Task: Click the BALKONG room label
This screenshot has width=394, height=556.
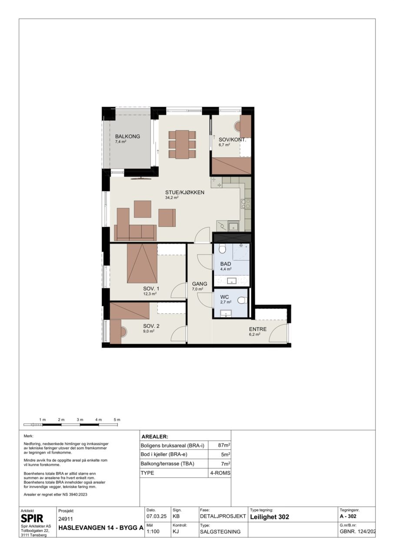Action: point(127,136)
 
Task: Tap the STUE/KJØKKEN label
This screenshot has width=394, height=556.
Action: point(184,192)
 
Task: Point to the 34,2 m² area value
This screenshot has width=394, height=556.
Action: point(172,198)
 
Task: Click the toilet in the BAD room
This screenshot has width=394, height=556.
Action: point(222,249)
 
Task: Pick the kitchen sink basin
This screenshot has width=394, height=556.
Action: point(233,226)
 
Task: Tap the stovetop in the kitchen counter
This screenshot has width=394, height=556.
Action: point(246,204)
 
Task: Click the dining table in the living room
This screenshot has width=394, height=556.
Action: point(182,144)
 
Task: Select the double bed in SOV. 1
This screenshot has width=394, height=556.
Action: point(142,263)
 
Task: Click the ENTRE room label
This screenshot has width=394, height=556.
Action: point(257,329)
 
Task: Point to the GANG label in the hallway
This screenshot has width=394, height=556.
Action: point(200,284)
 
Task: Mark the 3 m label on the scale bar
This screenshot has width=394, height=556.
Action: point(80,420)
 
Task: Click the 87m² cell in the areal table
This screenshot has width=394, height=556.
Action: point(224,445)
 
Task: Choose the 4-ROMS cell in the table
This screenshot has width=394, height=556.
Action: point(220,473)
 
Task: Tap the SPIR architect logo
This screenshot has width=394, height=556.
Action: point(32,518)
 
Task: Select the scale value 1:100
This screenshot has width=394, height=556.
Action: point(153,531)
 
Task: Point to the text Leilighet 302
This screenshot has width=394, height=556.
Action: point(270,517)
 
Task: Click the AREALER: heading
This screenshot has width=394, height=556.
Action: point(155,437)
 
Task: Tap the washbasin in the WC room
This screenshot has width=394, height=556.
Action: point(226,314)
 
